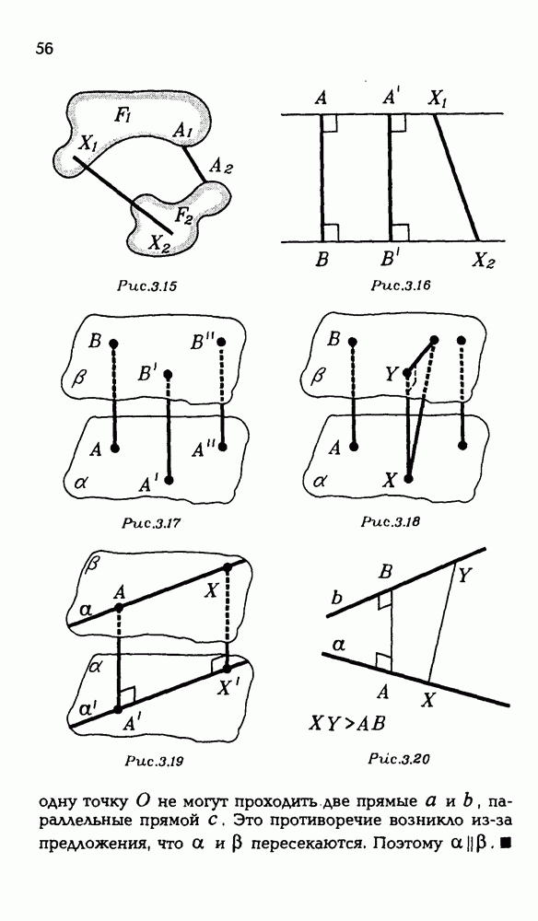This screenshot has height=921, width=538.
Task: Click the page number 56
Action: [44, 50]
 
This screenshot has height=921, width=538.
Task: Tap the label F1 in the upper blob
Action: [123, 115]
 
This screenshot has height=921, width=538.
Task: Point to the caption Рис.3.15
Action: [147, 287]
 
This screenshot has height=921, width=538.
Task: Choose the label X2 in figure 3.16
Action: [484, 261]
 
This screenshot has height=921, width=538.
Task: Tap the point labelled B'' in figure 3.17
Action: [221, 342]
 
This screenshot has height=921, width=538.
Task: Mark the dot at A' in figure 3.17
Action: [170, 480]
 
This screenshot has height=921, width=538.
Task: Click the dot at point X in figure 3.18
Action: [409, 478]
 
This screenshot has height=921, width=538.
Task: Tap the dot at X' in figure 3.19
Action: [227, 668]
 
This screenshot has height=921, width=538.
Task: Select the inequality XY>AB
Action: [347, 723]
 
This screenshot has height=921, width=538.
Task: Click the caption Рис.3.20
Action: [400, 760]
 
